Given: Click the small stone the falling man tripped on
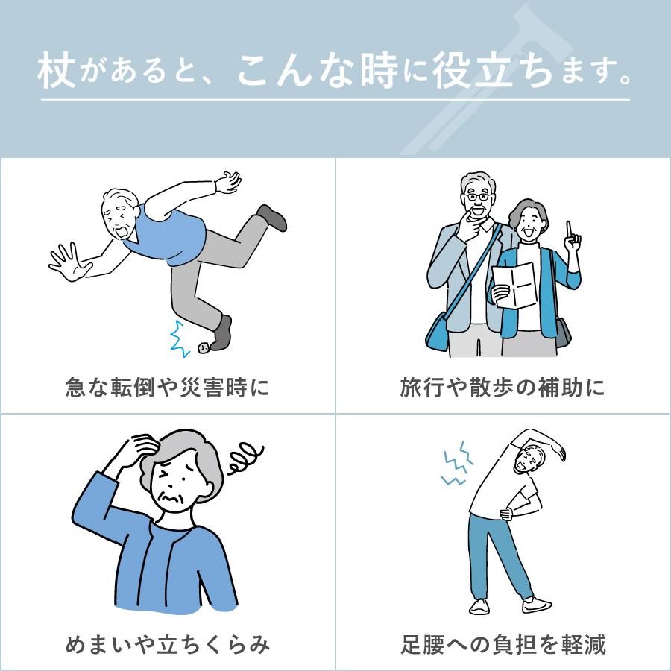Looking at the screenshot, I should [203, 347].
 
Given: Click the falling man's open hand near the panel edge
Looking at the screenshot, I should [66, 261].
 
